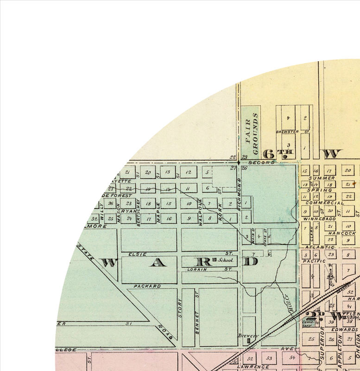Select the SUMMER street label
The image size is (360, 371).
323,178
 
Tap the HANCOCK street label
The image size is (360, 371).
346,233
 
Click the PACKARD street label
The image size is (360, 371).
147,286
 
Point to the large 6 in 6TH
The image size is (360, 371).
267,154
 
